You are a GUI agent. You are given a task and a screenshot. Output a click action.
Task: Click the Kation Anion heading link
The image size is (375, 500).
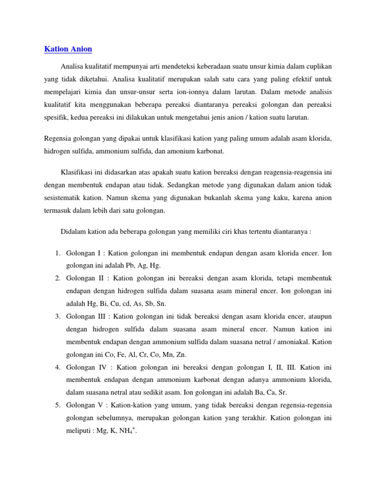coord(68,49)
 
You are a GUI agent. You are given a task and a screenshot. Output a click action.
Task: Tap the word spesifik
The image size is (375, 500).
coord(56,117)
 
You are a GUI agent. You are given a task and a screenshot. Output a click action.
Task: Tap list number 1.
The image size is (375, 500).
coord(57,254)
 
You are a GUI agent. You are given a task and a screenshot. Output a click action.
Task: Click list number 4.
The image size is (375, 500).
coord(57,366)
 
